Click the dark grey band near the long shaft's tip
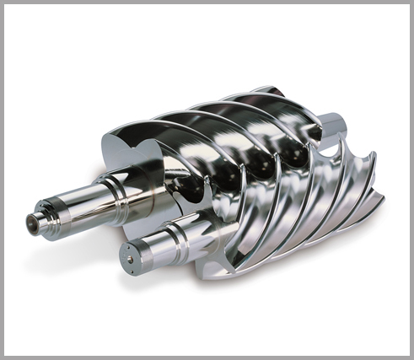coord(47,218)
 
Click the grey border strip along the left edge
coord(4,180)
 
